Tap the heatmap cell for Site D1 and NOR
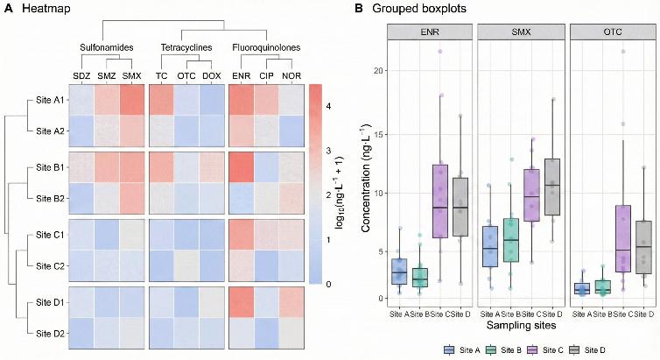pos(291,301)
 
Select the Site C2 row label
pos(46,265)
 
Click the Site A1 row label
pos(46,102)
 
